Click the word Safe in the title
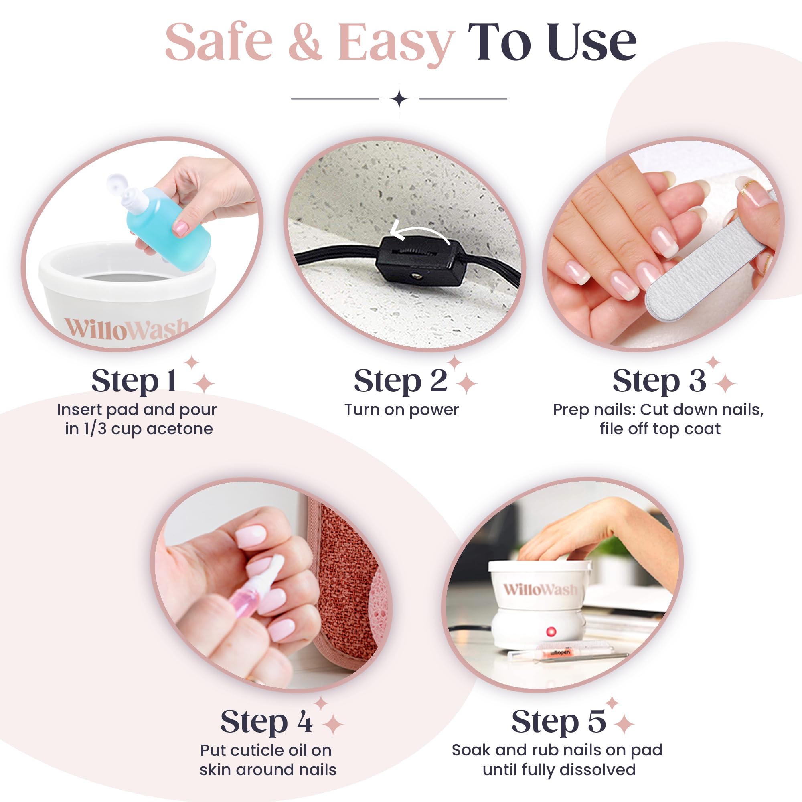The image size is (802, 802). [219, 43]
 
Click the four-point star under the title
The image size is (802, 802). [399, 99]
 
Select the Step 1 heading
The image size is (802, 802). [134, 381]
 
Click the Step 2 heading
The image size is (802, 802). [401, 381]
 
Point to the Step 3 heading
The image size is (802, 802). [659, 381]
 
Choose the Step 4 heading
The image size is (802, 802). [267, 721]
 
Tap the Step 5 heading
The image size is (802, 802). [559, 721]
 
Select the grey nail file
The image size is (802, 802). [706, 270]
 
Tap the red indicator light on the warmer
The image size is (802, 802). [551, 632]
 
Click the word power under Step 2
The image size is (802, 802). [434, 410]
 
